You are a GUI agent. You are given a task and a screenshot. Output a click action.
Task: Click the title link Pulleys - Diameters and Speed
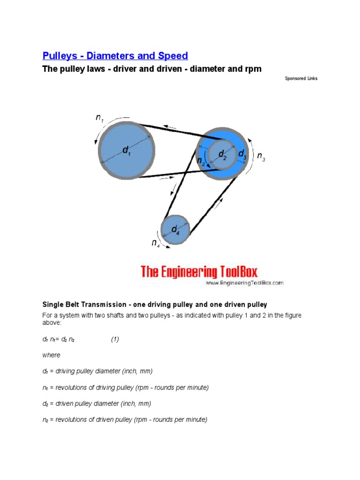pyautogui.click(x=115, y=56)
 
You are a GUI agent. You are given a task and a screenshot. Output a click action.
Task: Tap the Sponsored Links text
pyautogui.click(x=301, y=78)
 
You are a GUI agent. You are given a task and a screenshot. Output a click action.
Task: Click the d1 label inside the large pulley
pyautogui.click(x=127, y=150)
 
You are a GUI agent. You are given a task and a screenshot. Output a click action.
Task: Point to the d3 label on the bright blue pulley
pyautogui.click(x=242, y=154)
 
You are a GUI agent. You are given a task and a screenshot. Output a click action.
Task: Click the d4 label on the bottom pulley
pyautogui.click(x=175, y=230)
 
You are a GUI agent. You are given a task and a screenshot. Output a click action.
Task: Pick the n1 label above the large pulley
pyautogui.click(x=100, y=119)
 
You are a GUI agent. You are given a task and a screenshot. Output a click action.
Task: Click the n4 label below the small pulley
pyautogui.click(x=155, y=243)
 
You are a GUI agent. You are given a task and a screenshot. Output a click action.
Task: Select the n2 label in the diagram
pyautogui.click(x=201, y=162)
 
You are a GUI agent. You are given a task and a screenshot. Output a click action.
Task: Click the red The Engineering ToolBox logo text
pyautogui.click(x=199, y=272)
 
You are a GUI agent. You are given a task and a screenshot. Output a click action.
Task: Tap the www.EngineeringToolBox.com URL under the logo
pyautogui.click(x=244, y=283)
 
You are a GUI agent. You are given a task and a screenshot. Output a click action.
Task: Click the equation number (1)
pyautogui.click(x=115, y=340)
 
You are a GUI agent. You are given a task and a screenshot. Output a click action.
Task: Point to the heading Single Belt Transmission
pyautogui.click(x=154, y=305)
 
